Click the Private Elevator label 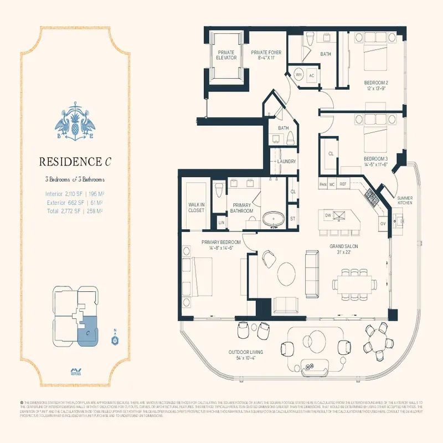(x=226, y=55)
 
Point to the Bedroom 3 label (x=375, y=162)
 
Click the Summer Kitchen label (x=404, y=200)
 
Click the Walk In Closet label (x=197, y=207)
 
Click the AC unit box (x=312, y=76)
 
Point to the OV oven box (x=382, y=224)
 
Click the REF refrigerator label (x=343, y=184)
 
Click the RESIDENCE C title (x=75, y=162)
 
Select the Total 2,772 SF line (x=75, y=211)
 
